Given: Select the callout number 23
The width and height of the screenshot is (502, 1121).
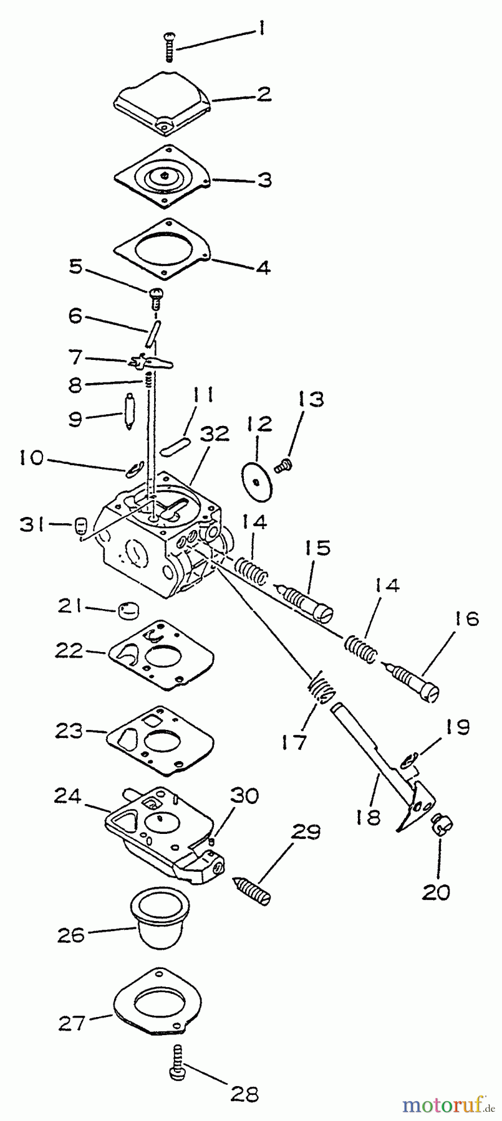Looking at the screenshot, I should (x=68, y=730).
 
